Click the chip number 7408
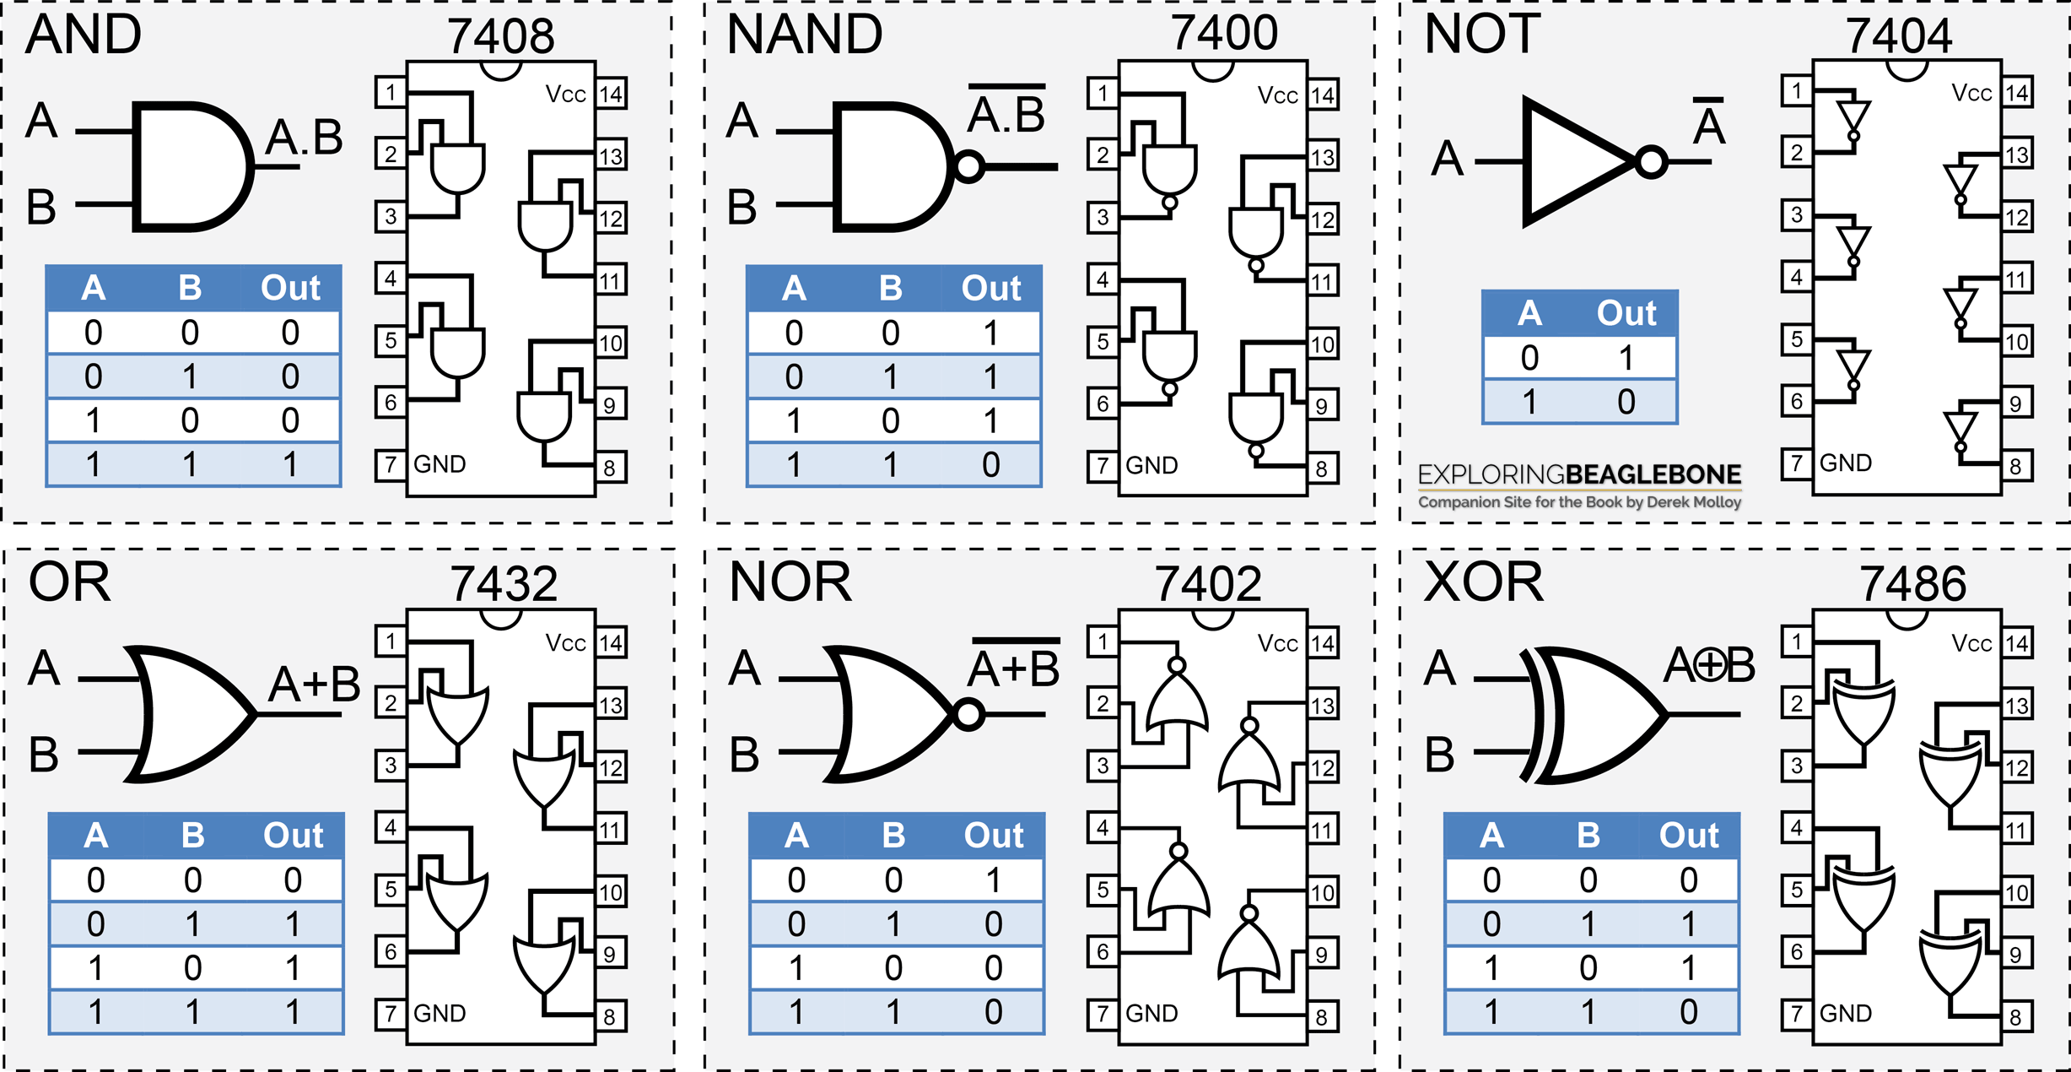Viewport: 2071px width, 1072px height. point(501,35)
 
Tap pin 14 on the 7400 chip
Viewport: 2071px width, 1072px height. point(1323,95)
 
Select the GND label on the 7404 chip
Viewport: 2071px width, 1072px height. point(1846,463)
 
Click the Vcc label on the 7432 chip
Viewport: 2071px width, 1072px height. point(565,643)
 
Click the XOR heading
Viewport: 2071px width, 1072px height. point(1483,582)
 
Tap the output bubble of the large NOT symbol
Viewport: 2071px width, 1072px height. point(1651,162)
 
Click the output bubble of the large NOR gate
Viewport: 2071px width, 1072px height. point(968,715)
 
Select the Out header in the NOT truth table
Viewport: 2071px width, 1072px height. point(1626,313)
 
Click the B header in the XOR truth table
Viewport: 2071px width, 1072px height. point(1588,835)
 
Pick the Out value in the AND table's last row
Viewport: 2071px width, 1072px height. point(290,464)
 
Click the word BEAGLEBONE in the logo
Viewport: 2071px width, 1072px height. point(1653,474)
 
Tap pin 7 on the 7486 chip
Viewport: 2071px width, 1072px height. point(1797,1013)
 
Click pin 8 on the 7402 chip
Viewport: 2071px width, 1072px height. point(1322,1017)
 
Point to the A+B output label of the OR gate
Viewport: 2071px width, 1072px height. point(314,684)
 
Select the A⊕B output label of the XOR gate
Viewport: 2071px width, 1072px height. point(1709,664)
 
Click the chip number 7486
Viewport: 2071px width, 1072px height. point(1913,583)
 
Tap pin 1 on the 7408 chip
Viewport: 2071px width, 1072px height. point(391,92)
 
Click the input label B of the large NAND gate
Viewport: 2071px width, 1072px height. point(742,207)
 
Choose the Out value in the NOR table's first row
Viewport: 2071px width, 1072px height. point(994,880)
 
